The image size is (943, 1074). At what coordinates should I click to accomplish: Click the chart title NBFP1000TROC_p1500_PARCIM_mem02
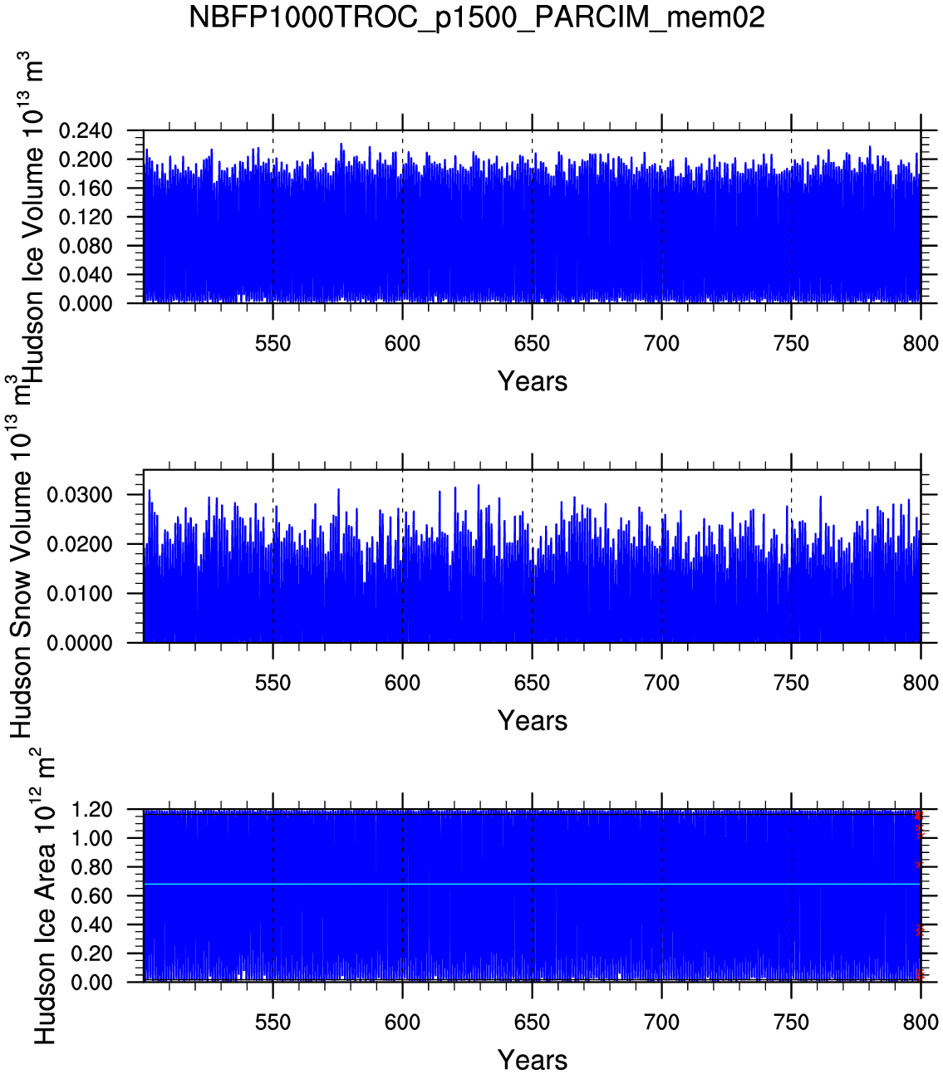(476, 17)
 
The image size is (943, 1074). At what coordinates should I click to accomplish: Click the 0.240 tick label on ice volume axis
(86, 131)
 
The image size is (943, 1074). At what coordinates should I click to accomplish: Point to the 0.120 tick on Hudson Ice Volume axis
(86, 218)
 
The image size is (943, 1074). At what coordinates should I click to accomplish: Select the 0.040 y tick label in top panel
(86, 275)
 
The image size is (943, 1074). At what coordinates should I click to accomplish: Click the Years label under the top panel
(532, 381)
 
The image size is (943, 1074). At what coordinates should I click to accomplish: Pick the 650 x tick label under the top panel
(532, 344)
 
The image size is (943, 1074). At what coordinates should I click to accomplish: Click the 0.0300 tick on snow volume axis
(80, 496)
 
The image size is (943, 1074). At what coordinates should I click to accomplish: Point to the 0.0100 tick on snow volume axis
(80, 594)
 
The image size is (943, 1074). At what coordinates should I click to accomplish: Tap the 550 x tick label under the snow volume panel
(273, 684)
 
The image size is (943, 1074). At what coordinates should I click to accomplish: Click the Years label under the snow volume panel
(532, 721)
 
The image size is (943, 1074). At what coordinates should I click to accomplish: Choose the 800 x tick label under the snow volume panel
(921, 684)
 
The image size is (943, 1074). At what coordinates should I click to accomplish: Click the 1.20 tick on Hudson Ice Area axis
(92, 810)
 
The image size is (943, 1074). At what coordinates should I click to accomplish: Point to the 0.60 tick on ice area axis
(92, 896)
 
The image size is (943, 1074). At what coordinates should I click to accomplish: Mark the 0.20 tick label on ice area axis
(92, 954)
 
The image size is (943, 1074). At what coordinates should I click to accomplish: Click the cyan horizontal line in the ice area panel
(532, 884)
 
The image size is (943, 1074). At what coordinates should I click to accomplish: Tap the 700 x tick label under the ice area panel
(661, 1023)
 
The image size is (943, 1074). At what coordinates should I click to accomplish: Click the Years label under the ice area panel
(532, 1060)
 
